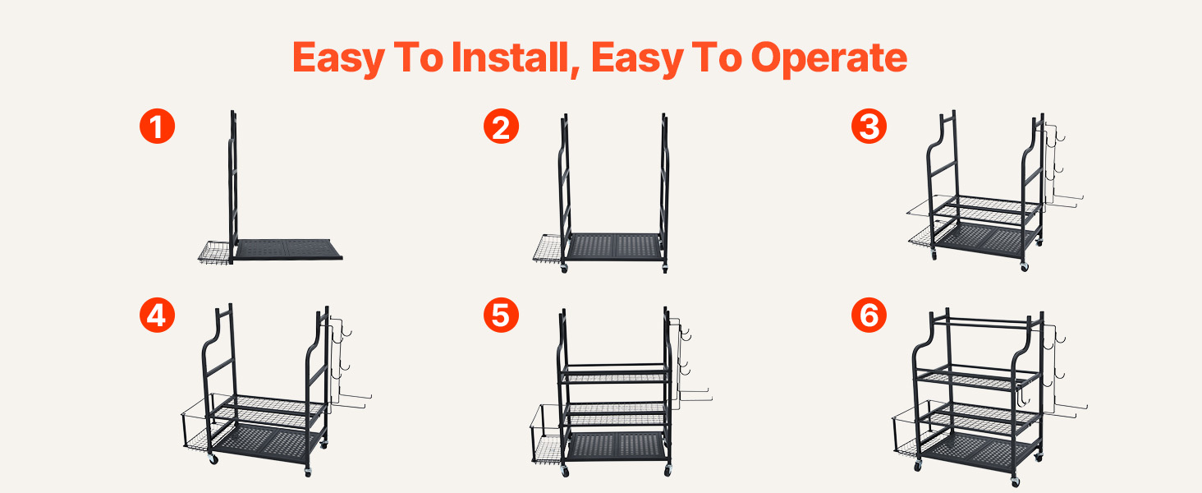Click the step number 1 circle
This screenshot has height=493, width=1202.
point(157,127)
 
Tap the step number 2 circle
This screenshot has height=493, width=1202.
point(501,127)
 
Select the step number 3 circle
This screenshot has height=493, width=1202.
point(869,127)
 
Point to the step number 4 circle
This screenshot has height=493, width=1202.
point(157,315)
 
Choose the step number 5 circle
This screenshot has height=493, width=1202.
point(501,315)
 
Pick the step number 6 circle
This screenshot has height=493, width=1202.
point(869,315)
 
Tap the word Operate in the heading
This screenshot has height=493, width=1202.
point(829,59)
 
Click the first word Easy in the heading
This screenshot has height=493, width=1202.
point(338,59)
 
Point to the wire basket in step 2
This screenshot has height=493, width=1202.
point(548,248)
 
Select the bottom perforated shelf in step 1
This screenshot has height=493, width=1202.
point(289,249)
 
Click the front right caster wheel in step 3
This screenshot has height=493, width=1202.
point(1025,266)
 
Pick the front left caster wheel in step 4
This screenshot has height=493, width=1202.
point(213,459)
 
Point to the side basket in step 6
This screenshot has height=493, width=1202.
point(912,430)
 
